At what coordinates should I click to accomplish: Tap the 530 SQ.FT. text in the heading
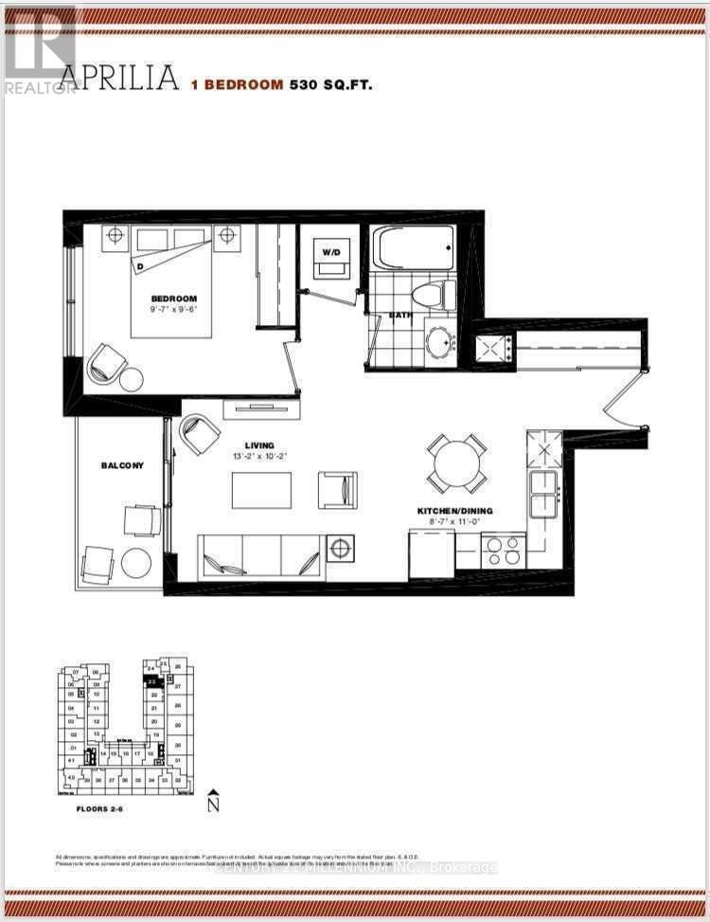coord(330,84)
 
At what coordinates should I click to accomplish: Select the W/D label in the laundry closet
coord(329,252)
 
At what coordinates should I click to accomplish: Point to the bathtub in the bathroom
coord(414,248)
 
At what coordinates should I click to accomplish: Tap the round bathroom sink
coord(439,341)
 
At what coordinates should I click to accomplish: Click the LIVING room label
coord(258,445)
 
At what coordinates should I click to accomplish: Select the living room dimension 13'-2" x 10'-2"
coord(259,457)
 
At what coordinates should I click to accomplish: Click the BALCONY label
coord(123,465)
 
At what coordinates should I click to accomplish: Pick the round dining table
coord(456,462)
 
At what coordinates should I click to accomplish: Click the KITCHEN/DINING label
coord(455,511)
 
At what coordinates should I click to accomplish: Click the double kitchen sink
coord(543,495)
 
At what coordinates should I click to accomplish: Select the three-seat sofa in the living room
coord(259,556)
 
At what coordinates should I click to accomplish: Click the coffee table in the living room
coord(262,490)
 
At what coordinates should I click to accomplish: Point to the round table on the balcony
coord(135,563)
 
